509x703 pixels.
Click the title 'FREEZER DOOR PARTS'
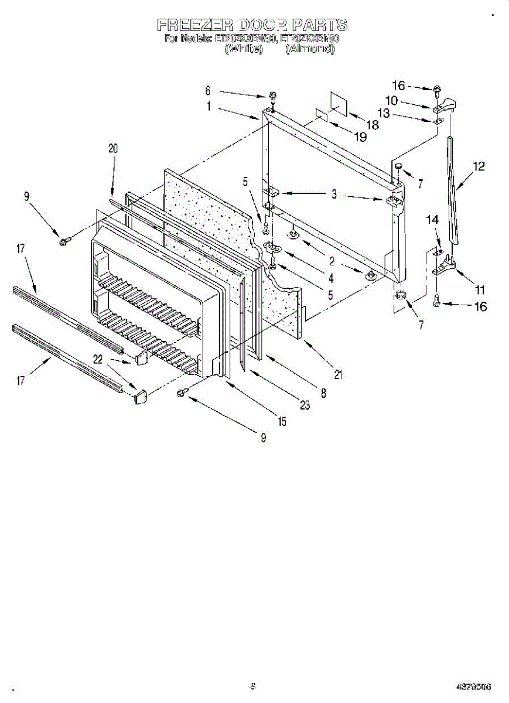coord(252,25)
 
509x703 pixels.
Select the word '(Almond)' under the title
coord(310,49)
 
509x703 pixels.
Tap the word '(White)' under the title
coord(243,49)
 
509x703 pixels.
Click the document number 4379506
coord(474,687)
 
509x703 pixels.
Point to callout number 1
coord(208,107)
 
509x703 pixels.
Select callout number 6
coord(207,91)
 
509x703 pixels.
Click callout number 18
coord(372,125)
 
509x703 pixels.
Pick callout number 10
coord(391,100)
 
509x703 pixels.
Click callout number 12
coord(479,166)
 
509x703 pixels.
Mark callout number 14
coord(432,220)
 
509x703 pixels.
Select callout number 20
coord(112,149)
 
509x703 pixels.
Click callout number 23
coord(304,405)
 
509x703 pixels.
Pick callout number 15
coord(282,421)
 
